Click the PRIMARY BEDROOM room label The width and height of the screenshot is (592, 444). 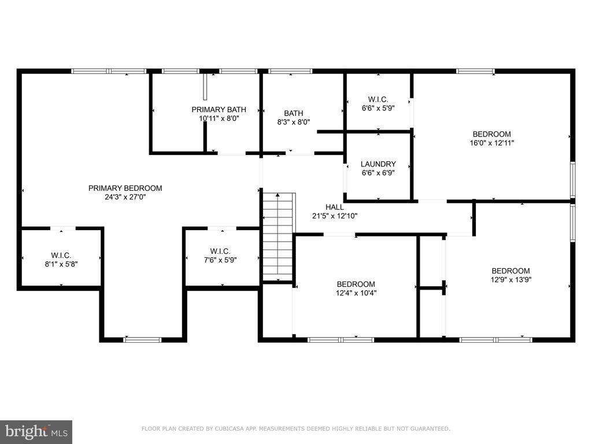pyautogui.click(x=125, y=188)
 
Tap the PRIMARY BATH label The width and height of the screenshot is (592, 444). pyautogui.click(x=219, y=109)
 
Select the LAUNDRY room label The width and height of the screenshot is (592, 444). pyautogui.click(x=378, y=164)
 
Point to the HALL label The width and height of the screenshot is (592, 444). pyautogui.click(x=335, y=207)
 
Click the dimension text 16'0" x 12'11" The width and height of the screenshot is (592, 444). pyautogui.click(x=491, y=143)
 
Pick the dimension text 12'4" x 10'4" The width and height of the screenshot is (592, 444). pyautogui.click(x=356, y=293)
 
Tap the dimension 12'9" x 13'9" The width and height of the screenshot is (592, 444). pyautogui.click(x=510, y=280)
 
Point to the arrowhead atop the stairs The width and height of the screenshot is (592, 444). pyautogui.click(x=278, y=195)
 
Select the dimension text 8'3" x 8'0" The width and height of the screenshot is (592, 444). pyautogui.click(x=293, y=123)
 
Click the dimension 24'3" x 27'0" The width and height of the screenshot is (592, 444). pyautogui.click(x=125, y=197)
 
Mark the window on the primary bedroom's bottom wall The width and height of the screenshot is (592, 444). pyautogui.click(x=142, y=340)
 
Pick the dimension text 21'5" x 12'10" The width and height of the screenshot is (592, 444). pyautogui.click(x=335, y=216)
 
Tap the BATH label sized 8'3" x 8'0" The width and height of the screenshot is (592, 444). pyautogui.click(x=293, y=113)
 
